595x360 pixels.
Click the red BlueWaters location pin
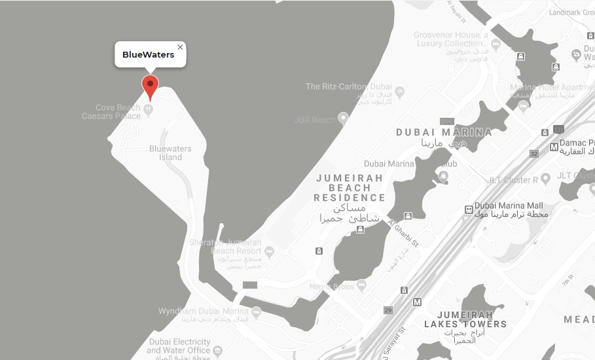coord(151,85)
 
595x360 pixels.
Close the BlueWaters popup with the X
coord(180,47)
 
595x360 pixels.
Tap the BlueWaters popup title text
coord(149,55)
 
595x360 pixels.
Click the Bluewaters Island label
coord(170,153)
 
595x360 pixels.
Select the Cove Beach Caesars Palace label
coord(118,112)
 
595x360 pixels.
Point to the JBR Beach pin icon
coord(342,118)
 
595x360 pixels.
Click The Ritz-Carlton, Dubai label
coord(349,86)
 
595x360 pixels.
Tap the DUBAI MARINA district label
coord(443,132)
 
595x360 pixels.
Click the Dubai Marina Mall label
coord(509,205)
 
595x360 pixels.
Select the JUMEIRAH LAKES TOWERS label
coord(465,318)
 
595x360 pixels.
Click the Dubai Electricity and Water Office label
coord(178,346)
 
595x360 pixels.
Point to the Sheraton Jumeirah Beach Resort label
coord(226,247)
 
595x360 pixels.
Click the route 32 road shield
coord(533,154)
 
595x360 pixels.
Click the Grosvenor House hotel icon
coord(496,45)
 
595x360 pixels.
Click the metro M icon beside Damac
coord(554,147)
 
